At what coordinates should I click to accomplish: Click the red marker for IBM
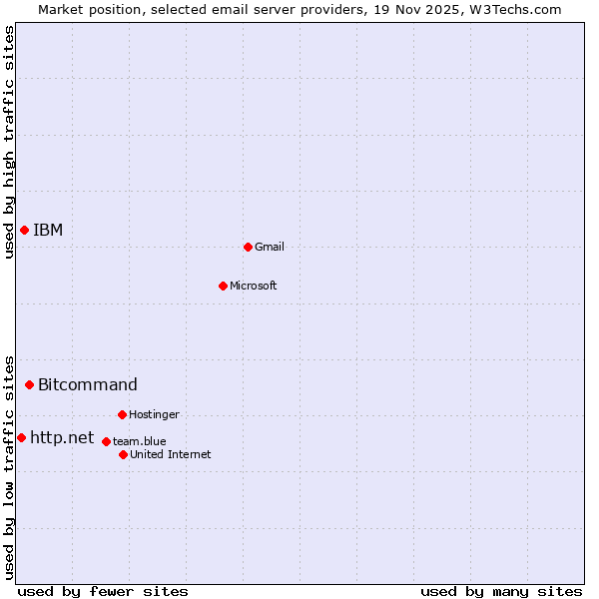[x=24, y=231]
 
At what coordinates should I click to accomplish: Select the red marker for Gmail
[x=248, y=247]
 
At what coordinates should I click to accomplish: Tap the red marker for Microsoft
[x=223, y=286]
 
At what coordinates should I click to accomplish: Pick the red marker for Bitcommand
[x=29, y=384]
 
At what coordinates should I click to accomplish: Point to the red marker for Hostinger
[x=122, y=414]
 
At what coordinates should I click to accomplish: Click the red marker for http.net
[x=21, y=437]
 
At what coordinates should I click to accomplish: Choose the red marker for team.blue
[x=106, y=441]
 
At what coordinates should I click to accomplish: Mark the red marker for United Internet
[x=123, y=454]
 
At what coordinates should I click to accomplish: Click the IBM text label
[x=48, y=231]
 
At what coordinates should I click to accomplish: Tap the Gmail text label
[x=270, y=247]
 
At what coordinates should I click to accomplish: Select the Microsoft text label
[x=254, y=286]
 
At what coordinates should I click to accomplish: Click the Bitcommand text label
[x=88, y=384]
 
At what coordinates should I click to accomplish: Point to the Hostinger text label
[x=154, y=414]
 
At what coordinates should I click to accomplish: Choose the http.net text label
[x=62, y=437]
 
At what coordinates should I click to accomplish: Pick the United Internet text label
[x=171, y=454]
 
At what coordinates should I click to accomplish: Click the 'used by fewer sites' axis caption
[x=103, y=591]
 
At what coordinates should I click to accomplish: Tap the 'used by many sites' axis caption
[x=501, y=591]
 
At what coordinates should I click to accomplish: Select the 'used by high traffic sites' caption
[x=9, y=142]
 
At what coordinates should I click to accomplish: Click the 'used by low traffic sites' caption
[x=9, y=466]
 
